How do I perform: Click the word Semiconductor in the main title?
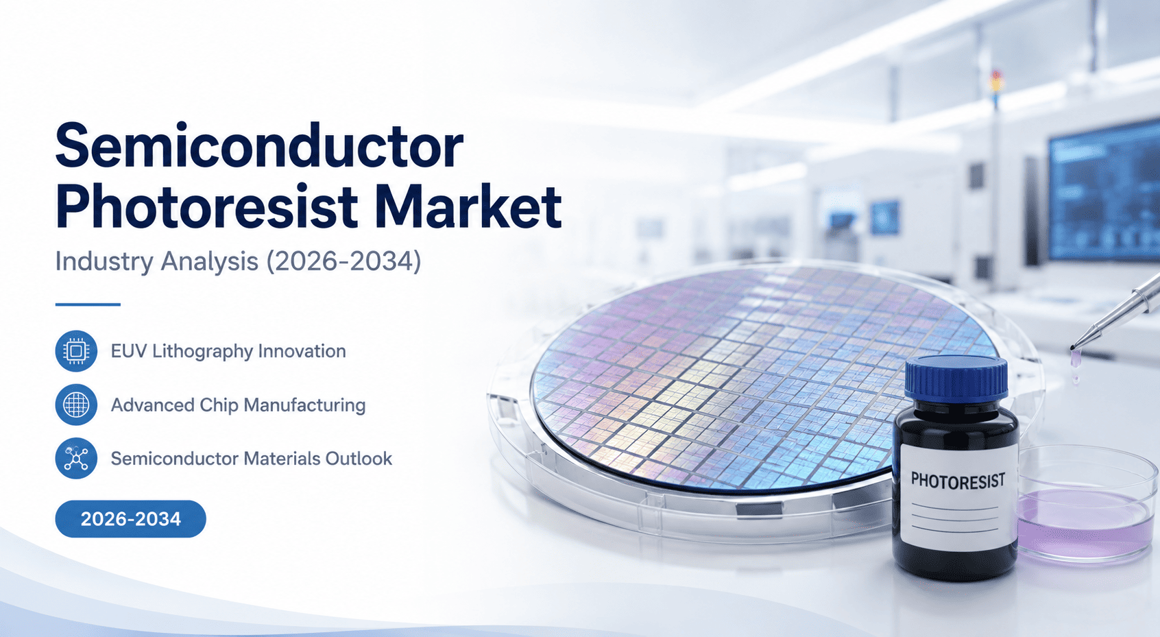click(x=259, y=145)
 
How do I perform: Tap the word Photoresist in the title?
click(x=206, y=206)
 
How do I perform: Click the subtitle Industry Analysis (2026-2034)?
click(x=238, y=261)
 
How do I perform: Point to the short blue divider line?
click(x=88, y=304)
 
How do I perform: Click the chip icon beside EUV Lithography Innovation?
click(x=76, y=351)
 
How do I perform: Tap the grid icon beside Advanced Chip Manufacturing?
click(x=76, y=405)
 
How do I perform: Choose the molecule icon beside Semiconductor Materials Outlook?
click(x=76, y=458)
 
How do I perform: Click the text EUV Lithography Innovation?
click(x=228, y=351)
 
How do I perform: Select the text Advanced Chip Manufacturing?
click(x=238, y=405)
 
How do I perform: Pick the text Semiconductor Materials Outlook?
click(x=252, y=459)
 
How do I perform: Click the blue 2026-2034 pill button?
click(x=130, y=519)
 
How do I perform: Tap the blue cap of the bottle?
click(x=956, y=380)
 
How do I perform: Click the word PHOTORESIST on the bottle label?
click(x=958, y=481)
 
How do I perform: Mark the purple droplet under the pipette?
click(x=1076, y=358)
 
